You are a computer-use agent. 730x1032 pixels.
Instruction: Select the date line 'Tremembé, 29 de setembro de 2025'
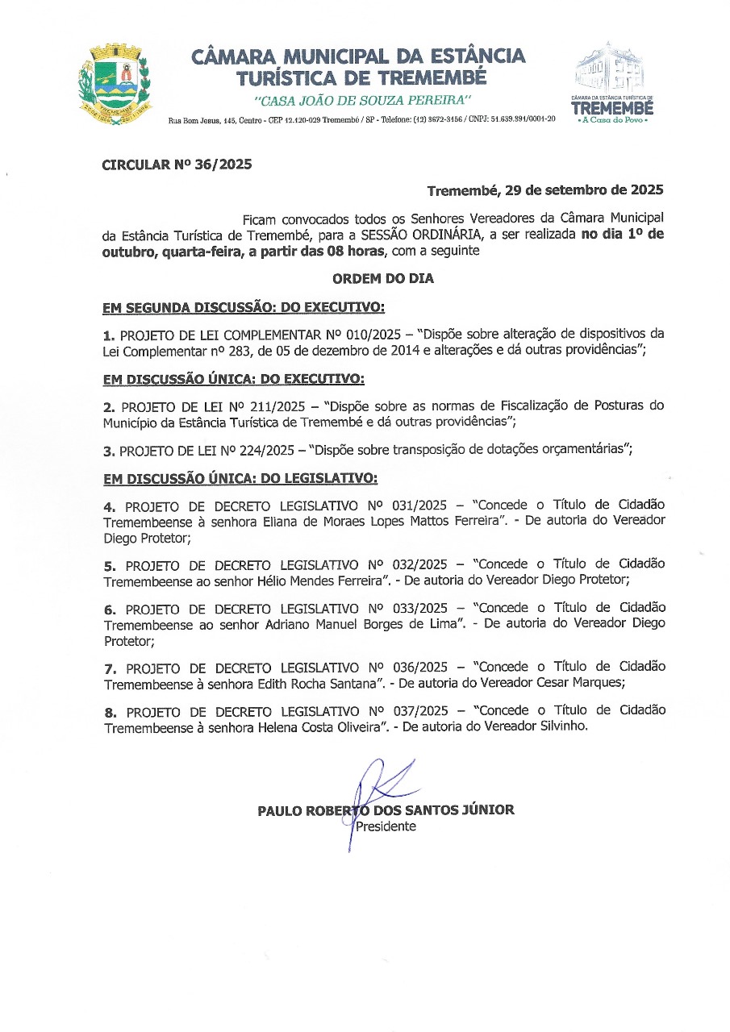point(544,191)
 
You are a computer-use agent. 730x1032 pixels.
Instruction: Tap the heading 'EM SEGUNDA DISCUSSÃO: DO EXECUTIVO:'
point(244,308)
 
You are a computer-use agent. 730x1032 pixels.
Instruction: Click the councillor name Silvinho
point(562,726)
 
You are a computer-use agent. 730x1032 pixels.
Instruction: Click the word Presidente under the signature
point(386,826)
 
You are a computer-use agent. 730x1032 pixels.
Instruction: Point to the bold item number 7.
point(111,668)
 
